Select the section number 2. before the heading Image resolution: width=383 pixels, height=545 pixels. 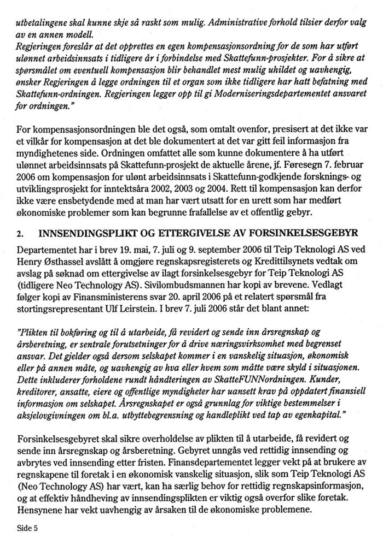pyautogui.click(x=20, y=234)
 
